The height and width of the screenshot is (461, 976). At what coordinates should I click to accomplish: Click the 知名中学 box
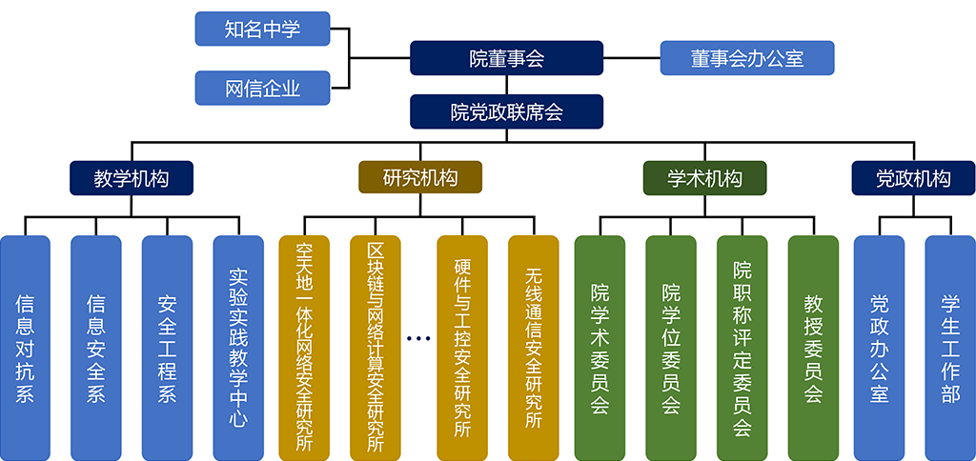[x=262, y=29]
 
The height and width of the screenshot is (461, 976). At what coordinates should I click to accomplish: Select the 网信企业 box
[x=262, y=88]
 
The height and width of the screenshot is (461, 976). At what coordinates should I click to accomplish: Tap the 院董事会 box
[x=506, y=58]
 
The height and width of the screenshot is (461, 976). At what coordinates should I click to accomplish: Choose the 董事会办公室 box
[x=747, y=58]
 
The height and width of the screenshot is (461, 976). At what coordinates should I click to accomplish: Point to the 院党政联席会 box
[x=506, y=111]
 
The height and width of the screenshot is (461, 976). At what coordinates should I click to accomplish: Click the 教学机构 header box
[x=132, y=178]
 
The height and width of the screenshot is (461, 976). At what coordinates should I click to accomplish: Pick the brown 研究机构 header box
[x=419, y=178]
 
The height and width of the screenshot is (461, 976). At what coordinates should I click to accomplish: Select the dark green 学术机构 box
[x=704, y=178]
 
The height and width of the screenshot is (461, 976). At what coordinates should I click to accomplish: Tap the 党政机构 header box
[x=913, y=178]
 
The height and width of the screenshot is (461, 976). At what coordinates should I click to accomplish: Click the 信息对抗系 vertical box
[x=25, y=347]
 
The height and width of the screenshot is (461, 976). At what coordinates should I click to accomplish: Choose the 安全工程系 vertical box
[x=167, y=347]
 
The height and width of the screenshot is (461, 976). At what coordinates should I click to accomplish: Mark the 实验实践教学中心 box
[x=237, y=347]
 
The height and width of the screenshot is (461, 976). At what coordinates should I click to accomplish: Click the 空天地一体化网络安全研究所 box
[x=304, y=347]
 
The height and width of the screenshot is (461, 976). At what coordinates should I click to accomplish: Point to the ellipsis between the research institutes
[x=417, y=338]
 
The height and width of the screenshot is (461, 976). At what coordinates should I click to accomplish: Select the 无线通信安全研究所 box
[x=533, y=347]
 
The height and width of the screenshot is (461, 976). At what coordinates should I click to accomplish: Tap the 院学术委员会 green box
[x=600, y=347]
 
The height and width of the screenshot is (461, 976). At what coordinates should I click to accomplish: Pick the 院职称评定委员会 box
[x=742, y=347]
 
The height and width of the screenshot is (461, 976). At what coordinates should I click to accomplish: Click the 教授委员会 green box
[x=813, y=347]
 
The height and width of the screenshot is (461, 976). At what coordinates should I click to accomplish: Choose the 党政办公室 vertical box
[x=879, y=347]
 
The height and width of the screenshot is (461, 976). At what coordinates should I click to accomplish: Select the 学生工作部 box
[x=950, y=347]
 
